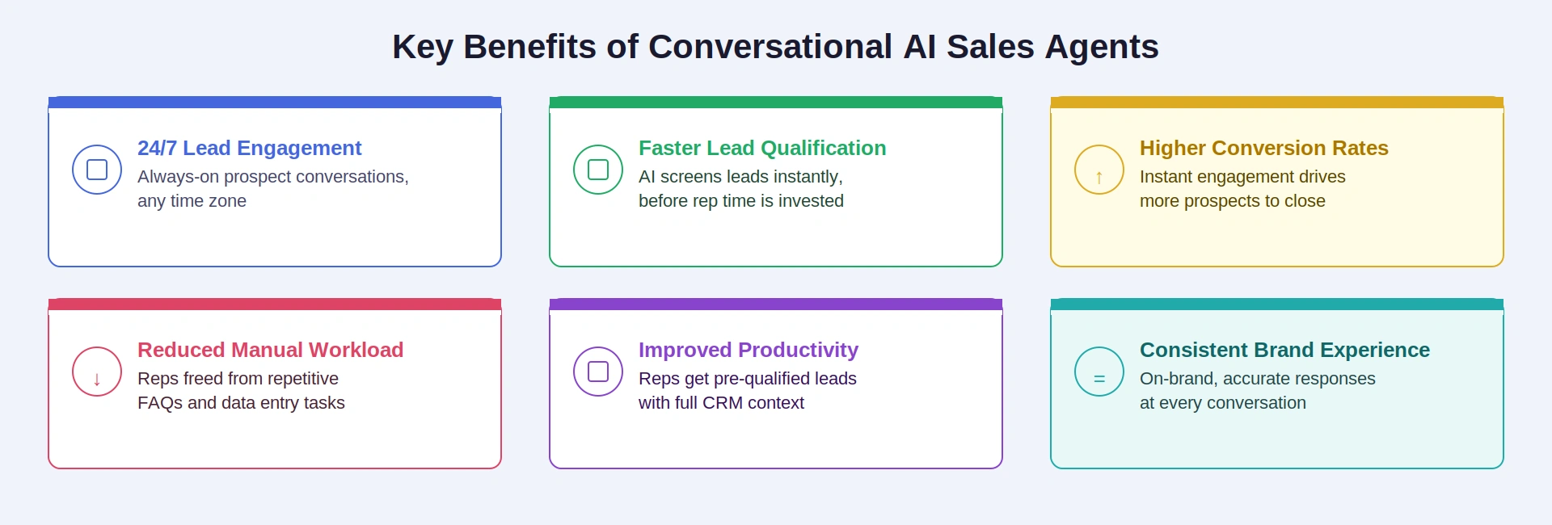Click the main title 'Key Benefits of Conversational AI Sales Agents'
point(775,47)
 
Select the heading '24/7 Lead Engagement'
point(249,148)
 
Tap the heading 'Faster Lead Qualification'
point(761,148)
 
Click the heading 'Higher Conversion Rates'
point(1263,148)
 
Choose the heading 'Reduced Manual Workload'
point(270,350)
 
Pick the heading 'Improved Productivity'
point(748,350)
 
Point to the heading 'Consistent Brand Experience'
point(1284,350)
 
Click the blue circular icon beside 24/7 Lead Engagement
point(97,170)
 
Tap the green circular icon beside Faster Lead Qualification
point(598,170)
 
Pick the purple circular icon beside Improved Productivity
point(598,372)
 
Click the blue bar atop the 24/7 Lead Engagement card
point(275,103)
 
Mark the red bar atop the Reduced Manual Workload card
point(275,304)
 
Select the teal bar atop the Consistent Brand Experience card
point(1277,304)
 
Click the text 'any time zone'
point(192,201)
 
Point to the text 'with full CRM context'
point(721,403)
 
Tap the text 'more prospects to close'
point(1232,201)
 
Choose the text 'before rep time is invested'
point(740,201)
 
